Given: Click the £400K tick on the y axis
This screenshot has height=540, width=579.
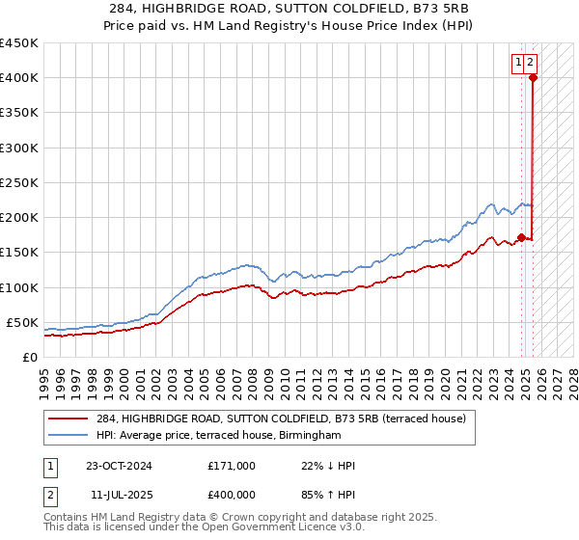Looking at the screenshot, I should coord(18,78).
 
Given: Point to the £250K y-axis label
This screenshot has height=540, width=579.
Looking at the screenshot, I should coord(18,182).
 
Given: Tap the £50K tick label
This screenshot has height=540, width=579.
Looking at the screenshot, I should coord(22,322).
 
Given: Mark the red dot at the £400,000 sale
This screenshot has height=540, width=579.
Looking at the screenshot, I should coord(532,78).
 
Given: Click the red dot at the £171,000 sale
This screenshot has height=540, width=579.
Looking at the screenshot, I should coord(521,237).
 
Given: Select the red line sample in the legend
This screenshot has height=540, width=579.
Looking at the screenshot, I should coord(69,418).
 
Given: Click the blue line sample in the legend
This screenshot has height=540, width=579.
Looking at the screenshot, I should coord(69,436).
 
